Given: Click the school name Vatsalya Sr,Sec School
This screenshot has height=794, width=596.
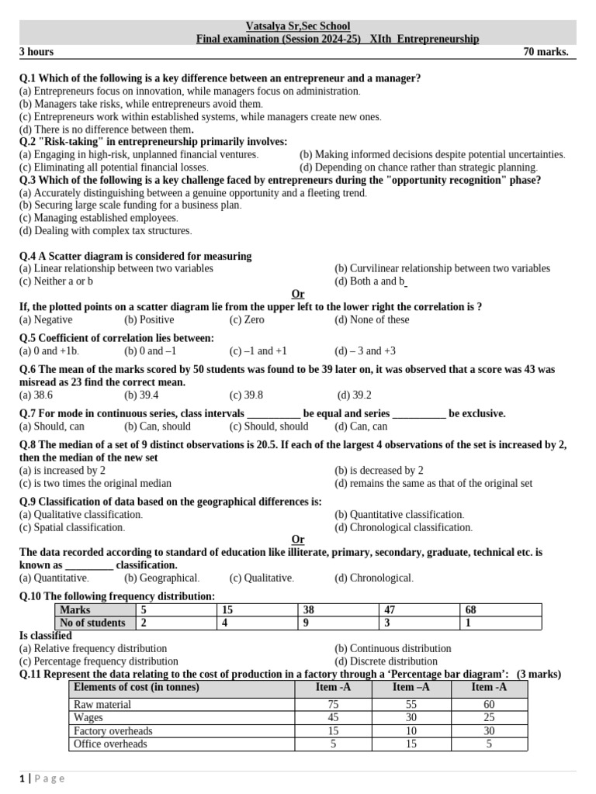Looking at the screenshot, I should [297, 26].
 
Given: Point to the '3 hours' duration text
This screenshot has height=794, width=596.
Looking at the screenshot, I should [36, 52].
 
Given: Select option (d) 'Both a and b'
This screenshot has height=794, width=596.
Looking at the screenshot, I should [370, 281].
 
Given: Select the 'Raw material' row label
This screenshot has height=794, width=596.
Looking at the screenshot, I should [102, 705].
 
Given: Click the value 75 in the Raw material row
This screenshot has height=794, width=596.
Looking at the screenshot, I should [333, 705].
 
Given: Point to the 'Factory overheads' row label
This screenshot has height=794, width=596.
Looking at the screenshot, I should [113, 731].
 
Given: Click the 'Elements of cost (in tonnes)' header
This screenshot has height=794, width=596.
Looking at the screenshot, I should [136, 687].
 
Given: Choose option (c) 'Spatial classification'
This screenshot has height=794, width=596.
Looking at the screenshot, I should [71, 527].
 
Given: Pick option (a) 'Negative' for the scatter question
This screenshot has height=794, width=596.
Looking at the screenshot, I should [46, 319].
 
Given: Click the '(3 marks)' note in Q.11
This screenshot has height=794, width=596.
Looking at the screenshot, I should [539, 674].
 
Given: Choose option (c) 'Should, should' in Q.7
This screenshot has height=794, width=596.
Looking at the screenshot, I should [269, 426].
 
